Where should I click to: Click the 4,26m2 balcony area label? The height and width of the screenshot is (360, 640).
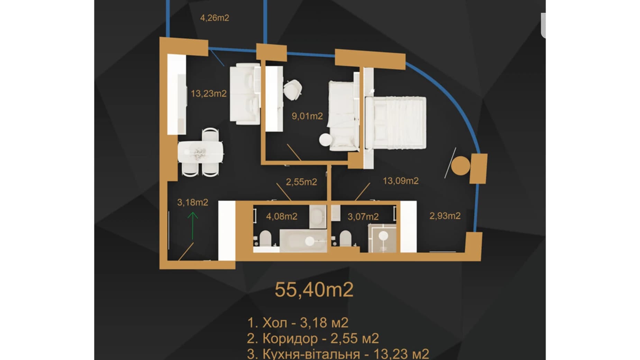coord(214,18)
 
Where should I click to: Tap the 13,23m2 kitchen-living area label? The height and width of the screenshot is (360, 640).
coord(209,93)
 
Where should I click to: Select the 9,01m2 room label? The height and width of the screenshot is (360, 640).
coord(307,116)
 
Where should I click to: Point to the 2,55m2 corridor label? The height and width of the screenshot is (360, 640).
coord(301,182)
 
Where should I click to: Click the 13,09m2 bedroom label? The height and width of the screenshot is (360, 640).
coord(401,181)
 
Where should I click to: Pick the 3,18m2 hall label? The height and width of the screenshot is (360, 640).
coord(193,202)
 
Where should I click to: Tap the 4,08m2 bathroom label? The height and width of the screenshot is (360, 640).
coord(282,216)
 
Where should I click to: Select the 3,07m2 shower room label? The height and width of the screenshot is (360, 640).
coord(363,217)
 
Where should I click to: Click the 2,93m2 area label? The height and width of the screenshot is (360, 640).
coord(445,216)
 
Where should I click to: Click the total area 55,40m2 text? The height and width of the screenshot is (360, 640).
coord(314,290)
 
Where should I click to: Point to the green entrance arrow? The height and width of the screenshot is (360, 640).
coord(193,226)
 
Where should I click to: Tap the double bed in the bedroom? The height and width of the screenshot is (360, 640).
coord(396,123)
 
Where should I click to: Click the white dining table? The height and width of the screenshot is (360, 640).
coord(201,152)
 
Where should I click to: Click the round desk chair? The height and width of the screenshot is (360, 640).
coord(293,89)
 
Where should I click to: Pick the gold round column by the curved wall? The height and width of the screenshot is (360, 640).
coord(461,166)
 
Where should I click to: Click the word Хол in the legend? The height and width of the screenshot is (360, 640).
coord(275,323)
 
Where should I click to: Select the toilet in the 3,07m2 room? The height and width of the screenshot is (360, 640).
coord(344,238)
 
